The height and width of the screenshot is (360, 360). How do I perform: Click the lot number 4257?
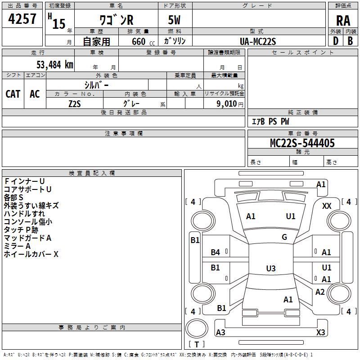click(x=22, y=19)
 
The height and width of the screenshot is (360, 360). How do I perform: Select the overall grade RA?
click(x=343, y=21)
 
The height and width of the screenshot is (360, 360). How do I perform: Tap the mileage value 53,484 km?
click(x=55, y=65)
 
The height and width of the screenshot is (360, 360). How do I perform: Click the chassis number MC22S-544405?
click(x=302, y=143)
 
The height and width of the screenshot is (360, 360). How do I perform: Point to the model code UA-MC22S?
click(x=258, y=41)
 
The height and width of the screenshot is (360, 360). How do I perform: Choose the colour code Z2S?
click(x=75, y=104)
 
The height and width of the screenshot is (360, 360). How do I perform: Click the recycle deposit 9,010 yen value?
click(x=229, y=104)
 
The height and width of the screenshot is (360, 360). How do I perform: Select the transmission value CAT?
click(x=13, y=94)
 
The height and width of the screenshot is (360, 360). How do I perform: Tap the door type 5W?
click(x=174, y=20)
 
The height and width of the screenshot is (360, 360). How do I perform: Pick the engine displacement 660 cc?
click(x=143, y=42)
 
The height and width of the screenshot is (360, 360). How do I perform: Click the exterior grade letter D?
click(x=335, y=41)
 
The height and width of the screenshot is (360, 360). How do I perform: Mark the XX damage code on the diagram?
click(x=327, y=206)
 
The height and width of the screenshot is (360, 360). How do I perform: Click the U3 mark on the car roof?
click(x=271, y=268)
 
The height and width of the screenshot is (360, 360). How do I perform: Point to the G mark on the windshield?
click(x=284, y=237)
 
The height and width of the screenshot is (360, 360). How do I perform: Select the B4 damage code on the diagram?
click(x=215, y=252)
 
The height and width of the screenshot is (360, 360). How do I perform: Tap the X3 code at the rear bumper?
click(x=320, y=332)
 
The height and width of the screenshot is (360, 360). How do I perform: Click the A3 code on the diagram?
click(x=220, y=332)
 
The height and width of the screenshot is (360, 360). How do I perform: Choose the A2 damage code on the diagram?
click(x=320, y=292)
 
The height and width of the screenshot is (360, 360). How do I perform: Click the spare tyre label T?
click(x=197, y=344)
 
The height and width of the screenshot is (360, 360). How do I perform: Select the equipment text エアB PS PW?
click(x=270, y=121)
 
